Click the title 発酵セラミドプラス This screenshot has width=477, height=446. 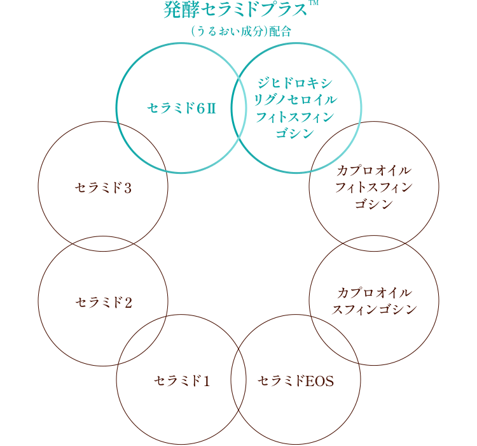pos(232,11)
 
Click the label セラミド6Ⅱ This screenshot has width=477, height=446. pos(182,108)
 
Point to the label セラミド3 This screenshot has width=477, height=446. pos(103,188)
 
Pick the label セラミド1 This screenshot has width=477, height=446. pos(181,381)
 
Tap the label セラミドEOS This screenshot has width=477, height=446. pos(296,381)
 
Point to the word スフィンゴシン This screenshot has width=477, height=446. pos(374,310)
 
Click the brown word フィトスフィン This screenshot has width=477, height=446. pos(374,187)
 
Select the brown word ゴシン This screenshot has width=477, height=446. pos(374,204)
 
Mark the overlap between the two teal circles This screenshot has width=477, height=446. pos(238,108)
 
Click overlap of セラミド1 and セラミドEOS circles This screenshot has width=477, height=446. pos(238,381)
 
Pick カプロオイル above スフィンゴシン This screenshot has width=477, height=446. pos(374,293)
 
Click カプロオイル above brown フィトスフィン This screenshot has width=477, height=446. pos(374,171)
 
